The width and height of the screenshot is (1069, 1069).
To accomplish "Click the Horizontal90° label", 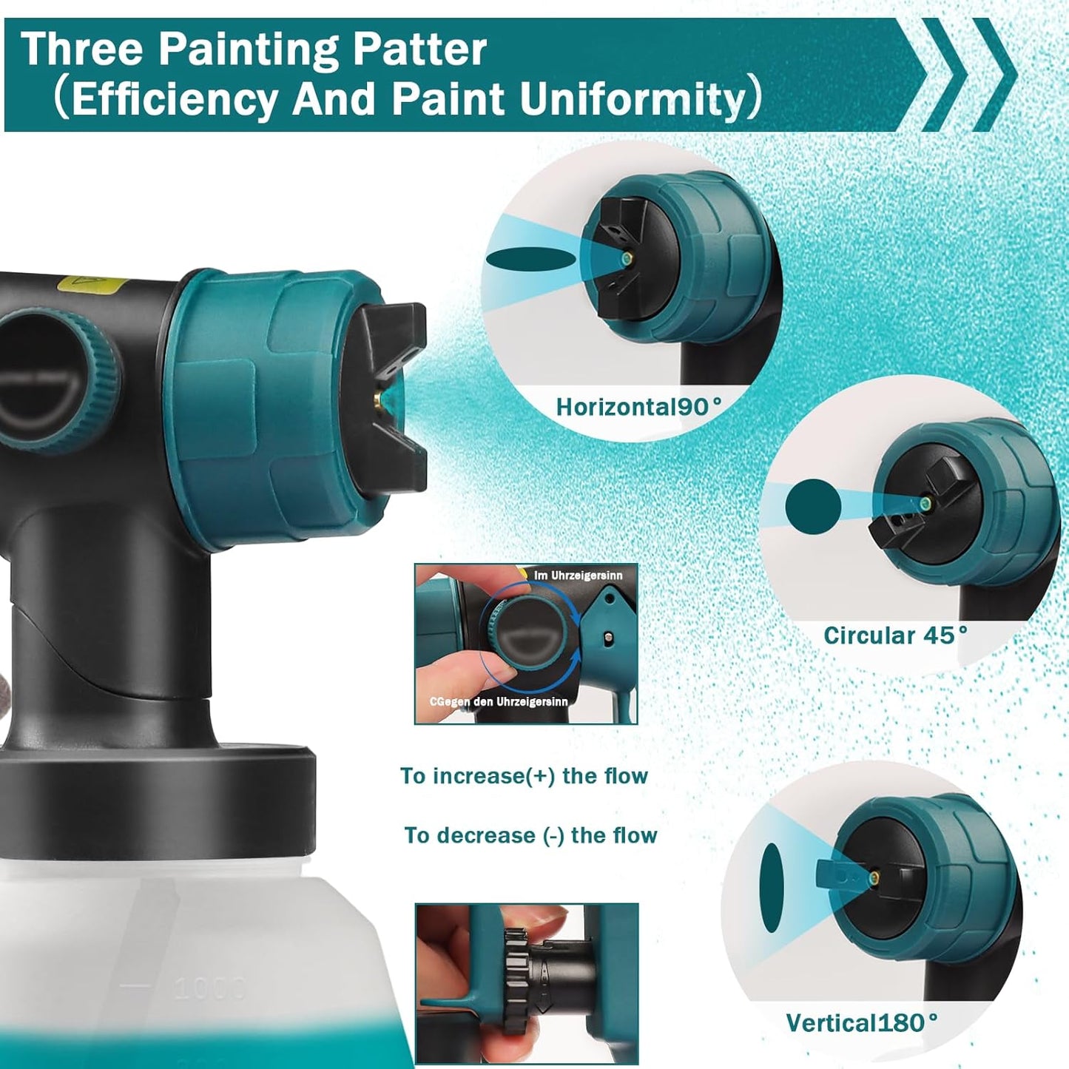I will coord(638,407).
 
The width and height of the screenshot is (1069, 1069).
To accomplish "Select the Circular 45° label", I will coord(895,635).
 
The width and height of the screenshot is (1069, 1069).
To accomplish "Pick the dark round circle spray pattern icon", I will coord(813,507).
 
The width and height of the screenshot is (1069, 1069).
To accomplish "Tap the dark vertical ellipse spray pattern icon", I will coord(772,887).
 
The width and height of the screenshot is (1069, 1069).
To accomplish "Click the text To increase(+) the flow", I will coord(524,776).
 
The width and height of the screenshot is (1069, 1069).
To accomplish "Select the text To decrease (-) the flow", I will coord(530,835).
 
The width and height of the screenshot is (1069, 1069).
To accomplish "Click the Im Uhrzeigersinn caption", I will coord(578,575).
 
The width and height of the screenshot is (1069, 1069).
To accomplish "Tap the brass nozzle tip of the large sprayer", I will coord(378,399).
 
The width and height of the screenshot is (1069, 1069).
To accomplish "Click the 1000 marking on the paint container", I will coord(210,988).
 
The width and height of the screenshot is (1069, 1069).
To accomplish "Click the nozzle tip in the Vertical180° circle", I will coord(874,877).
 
